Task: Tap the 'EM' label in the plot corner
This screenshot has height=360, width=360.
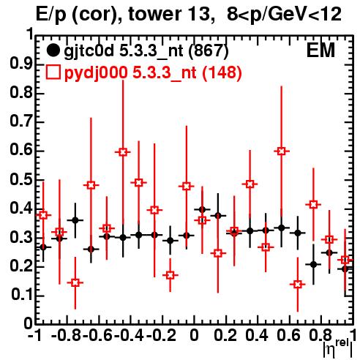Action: click(320, 50)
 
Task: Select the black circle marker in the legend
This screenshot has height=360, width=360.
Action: click(53, 50)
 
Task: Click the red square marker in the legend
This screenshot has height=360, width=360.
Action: click(53, 72)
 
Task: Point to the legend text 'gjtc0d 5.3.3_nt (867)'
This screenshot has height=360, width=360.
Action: click(146, 50)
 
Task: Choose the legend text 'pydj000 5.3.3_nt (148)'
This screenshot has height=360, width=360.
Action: click(153, 72)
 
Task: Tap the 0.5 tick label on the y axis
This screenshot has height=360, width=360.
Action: click(21, 179)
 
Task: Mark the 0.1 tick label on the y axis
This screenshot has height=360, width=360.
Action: click(21, 295)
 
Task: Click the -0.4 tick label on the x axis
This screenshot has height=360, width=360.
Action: click(130, 335)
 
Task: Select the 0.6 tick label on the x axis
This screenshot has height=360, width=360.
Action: click(288, 335)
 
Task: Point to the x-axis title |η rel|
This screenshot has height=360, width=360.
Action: click(338, 348)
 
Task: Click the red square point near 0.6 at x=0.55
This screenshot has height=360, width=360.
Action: click(282, 151)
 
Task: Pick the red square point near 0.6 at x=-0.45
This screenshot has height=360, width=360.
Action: click(123, 152)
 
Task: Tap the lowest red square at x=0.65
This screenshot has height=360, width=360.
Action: click(297, 285)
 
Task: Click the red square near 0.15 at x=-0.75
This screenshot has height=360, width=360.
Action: click(75, 283)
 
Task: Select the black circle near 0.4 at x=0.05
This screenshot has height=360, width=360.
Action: click(202, 209)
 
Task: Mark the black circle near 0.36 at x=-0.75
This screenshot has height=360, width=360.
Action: click(75, 220)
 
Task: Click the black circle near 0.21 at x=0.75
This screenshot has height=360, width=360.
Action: click(313, 264)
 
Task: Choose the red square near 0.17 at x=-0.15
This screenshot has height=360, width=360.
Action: click(170, 275)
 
